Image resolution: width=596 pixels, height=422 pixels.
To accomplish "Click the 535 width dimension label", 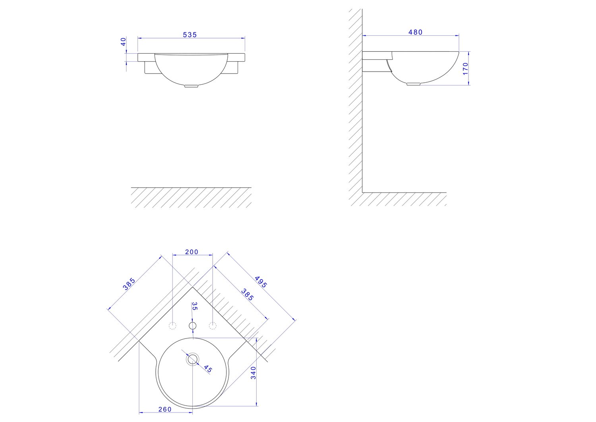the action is point(190,35).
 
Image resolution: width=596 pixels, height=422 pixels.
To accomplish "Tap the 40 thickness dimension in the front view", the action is point(123,41).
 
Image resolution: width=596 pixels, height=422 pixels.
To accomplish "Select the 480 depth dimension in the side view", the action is point(415,32).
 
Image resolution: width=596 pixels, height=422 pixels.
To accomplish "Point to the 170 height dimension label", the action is point(465,69).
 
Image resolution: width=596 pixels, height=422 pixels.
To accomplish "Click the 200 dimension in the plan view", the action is point(192,252).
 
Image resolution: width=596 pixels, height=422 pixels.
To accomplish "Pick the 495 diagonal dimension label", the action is point(261,282).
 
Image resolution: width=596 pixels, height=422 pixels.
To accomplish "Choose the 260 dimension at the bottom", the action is point(165,409).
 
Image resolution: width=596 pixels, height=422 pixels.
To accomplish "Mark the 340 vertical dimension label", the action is point(253,373).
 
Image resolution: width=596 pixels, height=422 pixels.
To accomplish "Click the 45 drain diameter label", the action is point(208,369).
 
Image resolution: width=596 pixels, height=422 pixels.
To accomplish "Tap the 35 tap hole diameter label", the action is point(195,306).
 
